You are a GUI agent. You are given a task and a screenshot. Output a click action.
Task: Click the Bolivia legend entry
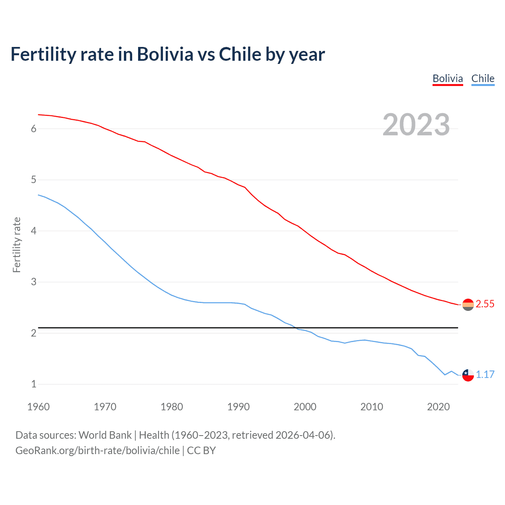[x=447, y=79]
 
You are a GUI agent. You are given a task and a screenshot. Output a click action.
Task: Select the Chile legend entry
[x=483, y=79]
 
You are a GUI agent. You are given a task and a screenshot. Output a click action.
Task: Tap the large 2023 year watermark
[x=416, y=125]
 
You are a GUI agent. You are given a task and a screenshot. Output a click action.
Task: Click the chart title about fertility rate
[x=168, y=54]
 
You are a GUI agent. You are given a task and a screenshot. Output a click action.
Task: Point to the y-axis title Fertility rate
[x=17, y=245]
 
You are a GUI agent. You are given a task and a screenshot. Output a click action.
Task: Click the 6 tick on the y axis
[x=34, y=129]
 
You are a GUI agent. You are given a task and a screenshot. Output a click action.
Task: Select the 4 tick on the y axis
[x=34, y=231]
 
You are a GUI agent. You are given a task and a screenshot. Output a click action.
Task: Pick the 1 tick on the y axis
[x=34, y=384]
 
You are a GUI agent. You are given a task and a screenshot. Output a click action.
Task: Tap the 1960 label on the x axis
[x=38, y=407]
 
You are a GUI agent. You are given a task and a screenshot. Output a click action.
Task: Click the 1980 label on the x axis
[x=172, y=407]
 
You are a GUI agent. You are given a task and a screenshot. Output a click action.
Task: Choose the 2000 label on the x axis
[x=305, y=407]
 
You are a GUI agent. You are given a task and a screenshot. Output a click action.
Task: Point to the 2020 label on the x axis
[x=438, y=407]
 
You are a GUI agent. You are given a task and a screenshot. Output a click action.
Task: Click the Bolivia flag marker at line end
[x=468, y=305]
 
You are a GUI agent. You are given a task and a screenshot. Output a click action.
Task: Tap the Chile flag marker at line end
[x=468, y=375]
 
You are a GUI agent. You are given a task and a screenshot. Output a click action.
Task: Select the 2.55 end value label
[x=485, y=304]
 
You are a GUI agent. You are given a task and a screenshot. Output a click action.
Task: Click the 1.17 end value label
[x=485, y=374]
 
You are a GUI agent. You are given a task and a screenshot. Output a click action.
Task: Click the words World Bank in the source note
[x=105, y=435]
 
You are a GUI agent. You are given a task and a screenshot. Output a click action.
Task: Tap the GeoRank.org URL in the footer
[x=97, y=451]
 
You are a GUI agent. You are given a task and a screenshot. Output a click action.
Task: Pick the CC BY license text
[x=201, y=451]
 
